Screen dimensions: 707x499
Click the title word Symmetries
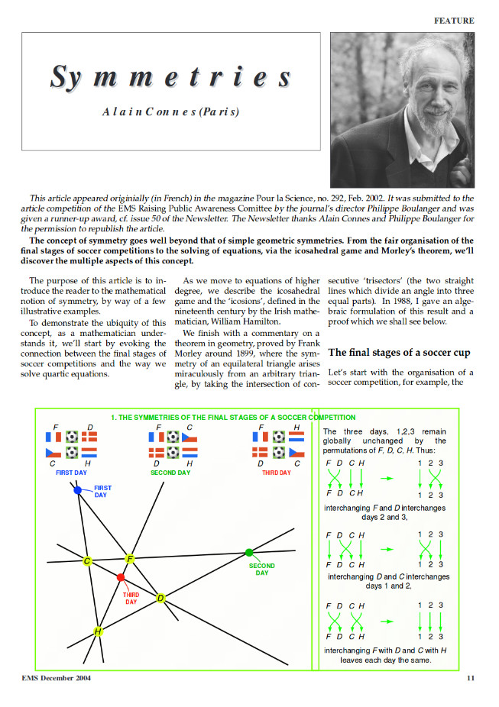tap(170, 77)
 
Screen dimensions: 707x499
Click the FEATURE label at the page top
tap(454, 21)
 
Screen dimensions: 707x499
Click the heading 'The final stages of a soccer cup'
tap(399, 353)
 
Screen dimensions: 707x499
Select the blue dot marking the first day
tap(78, 489)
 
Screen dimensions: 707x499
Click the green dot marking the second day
tap(248, 552)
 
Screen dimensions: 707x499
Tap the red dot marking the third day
tap(121, 577)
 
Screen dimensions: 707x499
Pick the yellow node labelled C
tap(87, 562)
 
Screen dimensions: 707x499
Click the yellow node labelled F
tap(130, 559)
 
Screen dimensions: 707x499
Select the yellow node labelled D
tap(160, 598)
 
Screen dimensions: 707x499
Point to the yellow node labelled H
tap(98, 631)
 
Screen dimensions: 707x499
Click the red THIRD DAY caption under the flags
tap(276, 473)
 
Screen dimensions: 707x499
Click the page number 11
tap(470, 677)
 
